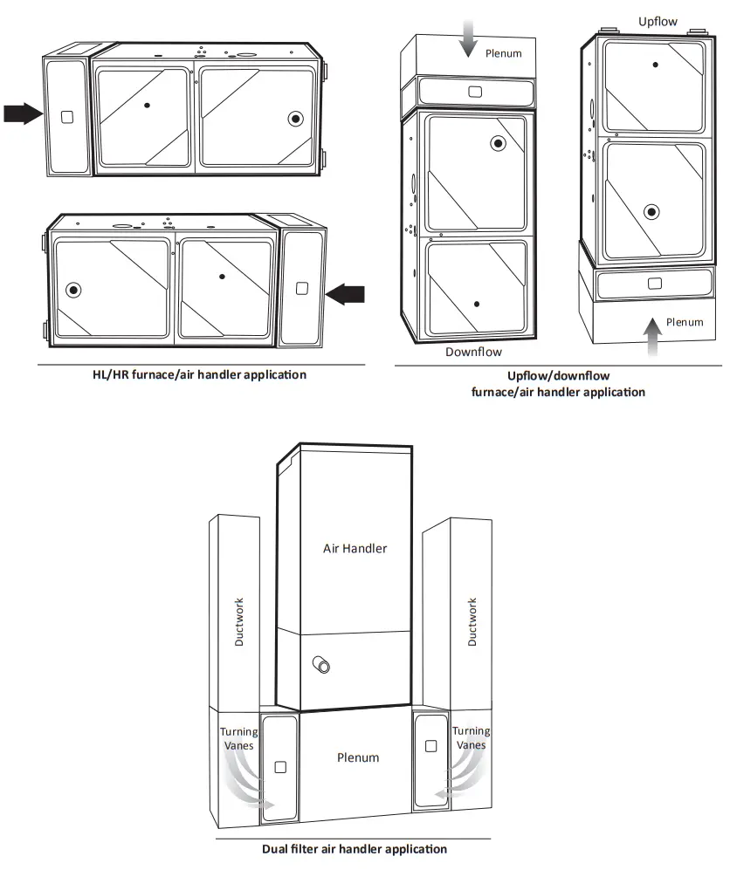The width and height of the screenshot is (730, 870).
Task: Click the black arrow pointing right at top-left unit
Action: tap(22, 113)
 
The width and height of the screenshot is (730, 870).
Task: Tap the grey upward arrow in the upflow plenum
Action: tap(650, 338)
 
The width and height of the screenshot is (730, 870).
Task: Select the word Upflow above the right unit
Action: tap(658, 21)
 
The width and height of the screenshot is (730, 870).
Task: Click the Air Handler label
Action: tap(355, 548)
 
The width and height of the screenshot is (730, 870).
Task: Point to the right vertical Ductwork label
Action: tap(472, 621)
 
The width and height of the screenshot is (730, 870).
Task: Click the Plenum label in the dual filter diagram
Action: tap(358, 757)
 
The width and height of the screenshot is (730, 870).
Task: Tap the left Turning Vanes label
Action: tap(238, 738)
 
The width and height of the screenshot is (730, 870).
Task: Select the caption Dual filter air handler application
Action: tap(355, 848)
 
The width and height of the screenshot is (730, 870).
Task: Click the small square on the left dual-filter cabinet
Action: tap(279, 767)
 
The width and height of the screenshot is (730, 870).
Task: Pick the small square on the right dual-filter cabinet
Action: tap(430, 746)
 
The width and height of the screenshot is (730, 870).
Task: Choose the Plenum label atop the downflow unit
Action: tap(503, 53)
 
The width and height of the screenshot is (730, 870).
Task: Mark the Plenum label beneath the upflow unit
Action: tap(684, 322)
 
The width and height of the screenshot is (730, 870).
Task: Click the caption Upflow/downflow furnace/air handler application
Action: tap(559, 384)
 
